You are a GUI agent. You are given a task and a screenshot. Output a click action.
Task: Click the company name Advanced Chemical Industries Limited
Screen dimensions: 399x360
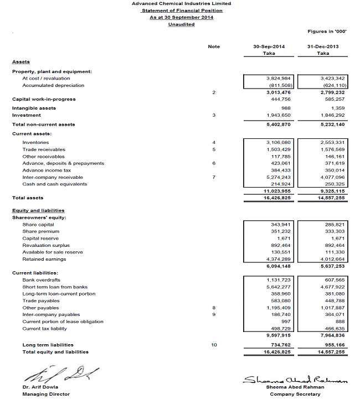[x=181, y=4]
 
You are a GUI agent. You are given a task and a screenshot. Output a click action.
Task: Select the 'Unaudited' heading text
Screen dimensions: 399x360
[x=181, y=24]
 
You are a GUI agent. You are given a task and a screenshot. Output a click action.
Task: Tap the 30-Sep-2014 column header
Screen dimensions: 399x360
[x=269, y=46]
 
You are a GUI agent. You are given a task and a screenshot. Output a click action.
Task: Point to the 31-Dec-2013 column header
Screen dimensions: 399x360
[x=323, y=46]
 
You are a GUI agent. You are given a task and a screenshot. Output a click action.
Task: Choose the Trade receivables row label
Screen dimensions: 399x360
[x=44, y=149]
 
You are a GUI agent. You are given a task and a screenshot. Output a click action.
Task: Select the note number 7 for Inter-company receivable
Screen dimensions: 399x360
[x=214, y=177]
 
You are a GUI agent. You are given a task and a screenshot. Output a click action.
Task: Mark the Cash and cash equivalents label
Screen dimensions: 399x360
[x=54, y=184]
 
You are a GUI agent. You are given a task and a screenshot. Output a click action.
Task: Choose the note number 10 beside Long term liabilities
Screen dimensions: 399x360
[x=214, y=345]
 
